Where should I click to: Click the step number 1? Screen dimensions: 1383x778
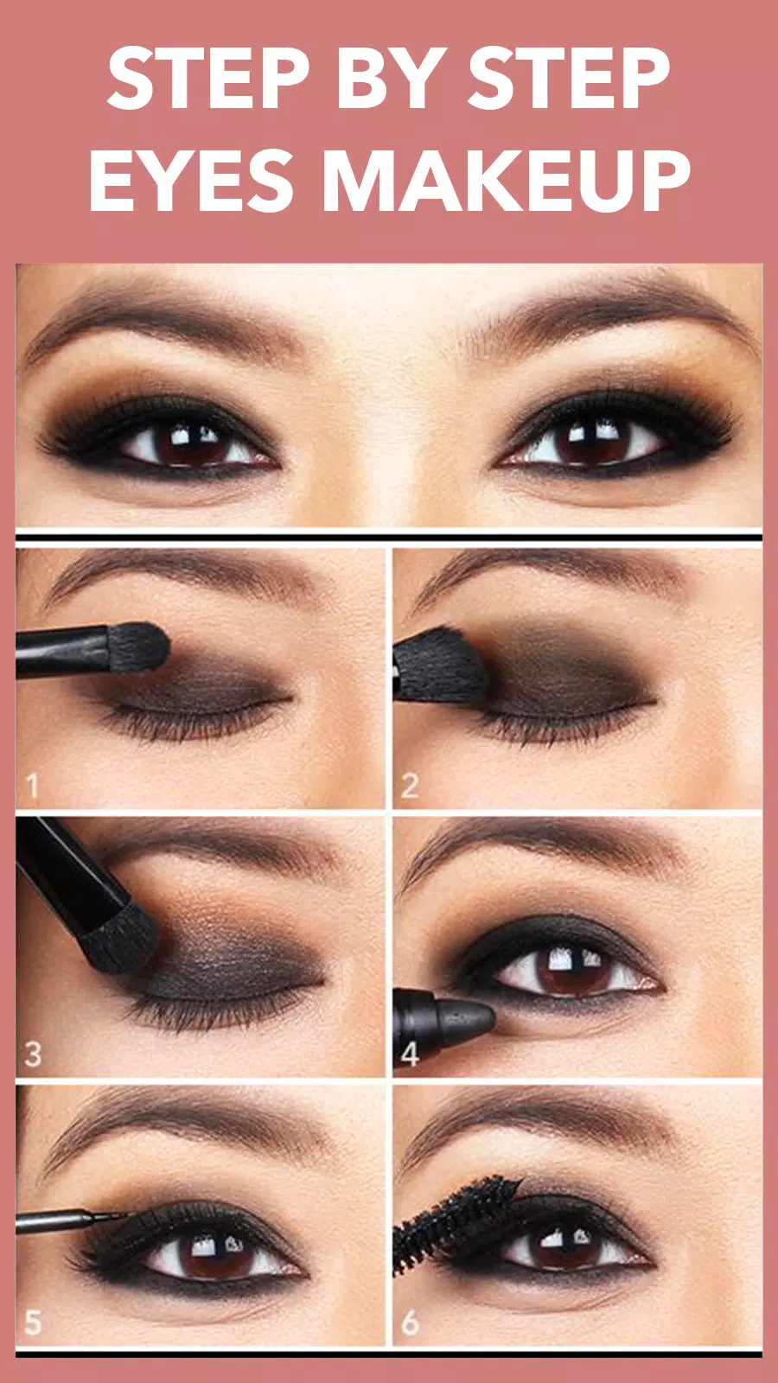33,786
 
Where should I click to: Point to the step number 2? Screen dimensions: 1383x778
409,786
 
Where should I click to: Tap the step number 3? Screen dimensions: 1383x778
33,1054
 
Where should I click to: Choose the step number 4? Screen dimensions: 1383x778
409,1054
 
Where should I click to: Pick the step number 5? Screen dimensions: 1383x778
33,1322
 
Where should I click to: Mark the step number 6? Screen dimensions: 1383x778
410,1322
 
